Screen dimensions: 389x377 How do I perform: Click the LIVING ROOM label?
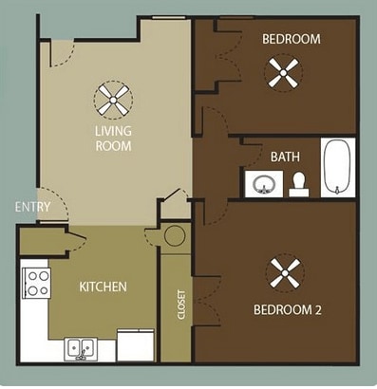coord(112,139)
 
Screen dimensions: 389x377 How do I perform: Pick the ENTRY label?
coord(27,209)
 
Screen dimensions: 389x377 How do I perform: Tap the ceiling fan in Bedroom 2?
coord(282,273)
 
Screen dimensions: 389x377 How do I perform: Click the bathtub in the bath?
coord(338,169)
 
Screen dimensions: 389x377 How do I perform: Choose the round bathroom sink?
coord(259,184)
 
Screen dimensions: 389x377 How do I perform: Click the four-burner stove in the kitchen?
coord(37,281)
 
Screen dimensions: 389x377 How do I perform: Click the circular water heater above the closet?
coord(173,236)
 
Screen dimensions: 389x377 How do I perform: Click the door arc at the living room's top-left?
coord(59,52)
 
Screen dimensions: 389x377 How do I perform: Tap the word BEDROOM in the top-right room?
coord(291,39)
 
